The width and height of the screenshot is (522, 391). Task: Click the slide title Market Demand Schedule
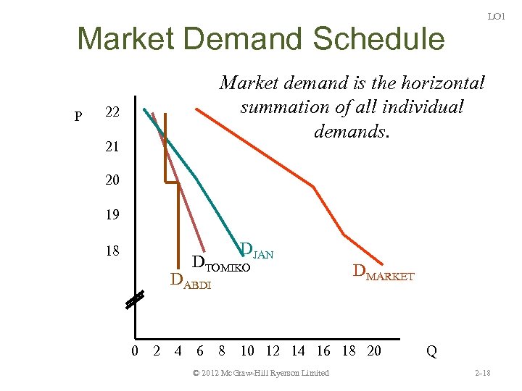click(260, 39)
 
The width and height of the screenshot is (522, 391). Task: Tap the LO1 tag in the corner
click(496, 16)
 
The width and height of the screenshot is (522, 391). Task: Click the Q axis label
click(431, 352)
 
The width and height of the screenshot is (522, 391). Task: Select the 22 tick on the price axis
click(112, 113)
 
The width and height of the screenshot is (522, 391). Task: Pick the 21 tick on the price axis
click(112, 146)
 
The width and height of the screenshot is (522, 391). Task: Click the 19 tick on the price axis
click(112, 215)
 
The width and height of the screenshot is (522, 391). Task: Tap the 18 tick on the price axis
click(112, 251)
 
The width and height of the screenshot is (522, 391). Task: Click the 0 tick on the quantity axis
click(135, 352)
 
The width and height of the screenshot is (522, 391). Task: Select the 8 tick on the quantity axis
click(223, 352)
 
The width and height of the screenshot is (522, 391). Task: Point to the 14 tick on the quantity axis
click(298, 352)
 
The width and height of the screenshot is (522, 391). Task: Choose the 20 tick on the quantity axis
click(373, 352)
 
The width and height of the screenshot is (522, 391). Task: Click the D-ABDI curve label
click(190, 281)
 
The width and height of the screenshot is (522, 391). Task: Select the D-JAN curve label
click(256, 252)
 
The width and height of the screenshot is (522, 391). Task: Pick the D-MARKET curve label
click(383, 274)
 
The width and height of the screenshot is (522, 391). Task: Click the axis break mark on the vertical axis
click(134, 300)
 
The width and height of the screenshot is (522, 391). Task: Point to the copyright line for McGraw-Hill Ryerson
click(261, 373)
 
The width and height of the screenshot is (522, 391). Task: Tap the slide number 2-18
click(482, 373)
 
